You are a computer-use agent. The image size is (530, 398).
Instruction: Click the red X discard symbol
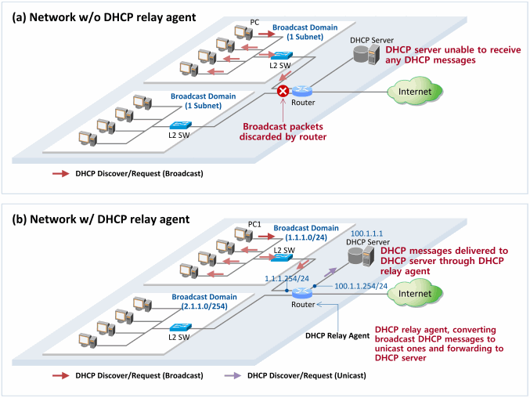coord(283,91)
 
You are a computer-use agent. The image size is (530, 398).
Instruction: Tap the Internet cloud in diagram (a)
coord(415,91)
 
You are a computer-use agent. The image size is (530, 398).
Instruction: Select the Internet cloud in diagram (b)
coord(415,293)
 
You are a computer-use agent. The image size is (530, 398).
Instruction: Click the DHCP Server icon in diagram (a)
coord(366,54)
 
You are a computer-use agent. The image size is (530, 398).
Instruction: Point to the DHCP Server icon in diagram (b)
coord(361,256)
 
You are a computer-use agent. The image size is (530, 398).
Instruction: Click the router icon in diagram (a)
coord(302,91)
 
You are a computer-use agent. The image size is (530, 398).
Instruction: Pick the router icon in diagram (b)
coord(302,293)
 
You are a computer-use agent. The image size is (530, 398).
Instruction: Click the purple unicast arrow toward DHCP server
coord(330,272)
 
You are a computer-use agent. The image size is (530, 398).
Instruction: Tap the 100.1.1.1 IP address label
coord(366,233)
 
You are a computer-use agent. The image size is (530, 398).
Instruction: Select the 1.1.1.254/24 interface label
coord(287,279)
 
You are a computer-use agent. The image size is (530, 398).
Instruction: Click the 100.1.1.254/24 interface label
coord(361,286)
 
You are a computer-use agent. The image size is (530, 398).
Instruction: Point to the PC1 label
coord(254,224)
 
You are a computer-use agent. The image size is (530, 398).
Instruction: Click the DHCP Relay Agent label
coord(337,336)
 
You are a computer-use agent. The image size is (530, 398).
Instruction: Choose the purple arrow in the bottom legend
coord(233,376)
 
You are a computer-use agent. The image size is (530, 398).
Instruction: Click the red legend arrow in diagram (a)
coord(61,174)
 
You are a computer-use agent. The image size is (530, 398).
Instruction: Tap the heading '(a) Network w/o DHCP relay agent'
coord(104,17)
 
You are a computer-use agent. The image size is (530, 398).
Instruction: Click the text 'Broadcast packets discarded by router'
coord(283,132)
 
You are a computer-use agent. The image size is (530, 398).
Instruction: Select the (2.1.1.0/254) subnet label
coord(204,306)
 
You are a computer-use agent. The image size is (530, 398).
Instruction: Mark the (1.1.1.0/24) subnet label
coord(306,237)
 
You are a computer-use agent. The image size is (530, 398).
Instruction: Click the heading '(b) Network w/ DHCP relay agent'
coord(101,219)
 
